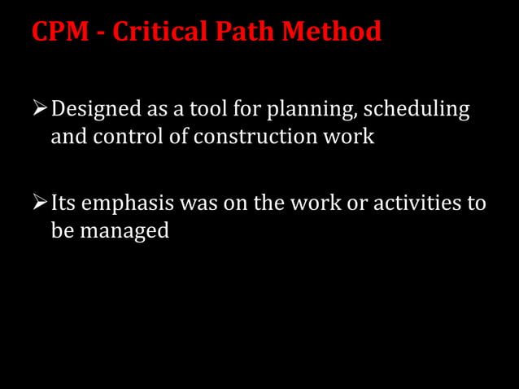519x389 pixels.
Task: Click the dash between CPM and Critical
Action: click(102, 33)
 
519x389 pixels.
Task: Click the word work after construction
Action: click(352, 136)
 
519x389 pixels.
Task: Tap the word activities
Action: click(417, 203)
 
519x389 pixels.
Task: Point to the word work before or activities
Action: click(314, 203)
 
